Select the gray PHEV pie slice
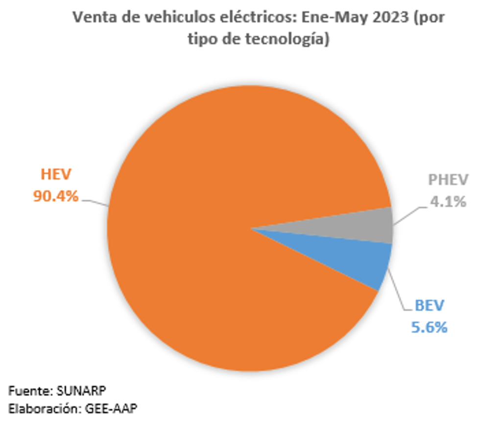point(362,226)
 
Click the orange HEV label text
point(55,174)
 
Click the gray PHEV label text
point(448,180)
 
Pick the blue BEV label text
point(429,306)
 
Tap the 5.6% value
point(429,327)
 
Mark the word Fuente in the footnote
point(28,390)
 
